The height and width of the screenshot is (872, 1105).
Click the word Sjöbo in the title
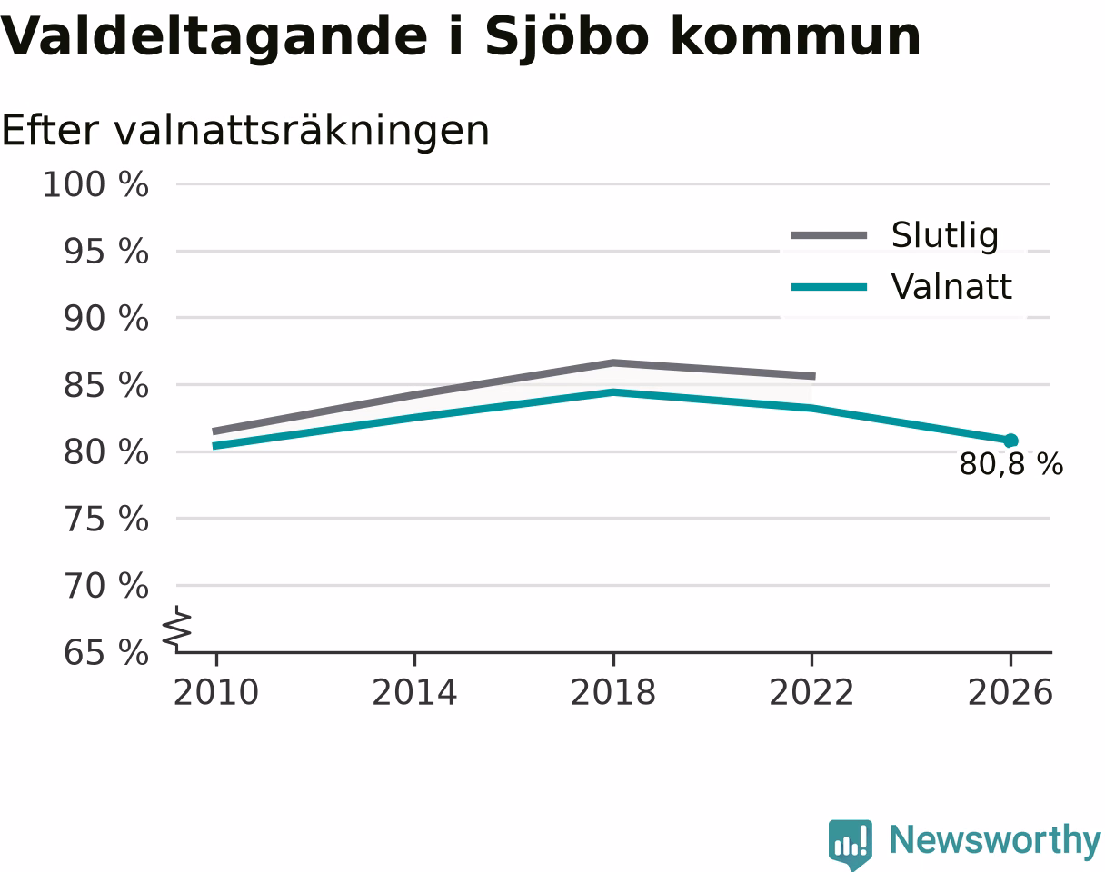(567, 37)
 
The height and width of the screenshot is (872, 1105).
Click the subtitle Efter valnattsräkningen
(245, 131)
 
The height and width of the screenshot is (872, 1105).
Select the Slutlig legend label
(945, 236)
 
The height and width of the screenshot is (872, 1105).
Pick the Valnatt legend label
(951, 286)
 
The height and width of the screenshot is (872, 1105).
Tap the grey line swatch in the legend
(829, 235)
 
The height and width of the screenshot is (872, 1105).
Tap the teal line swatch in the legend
(829, 287)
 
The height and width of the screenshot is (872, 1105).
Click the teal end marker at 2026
(1010, 441)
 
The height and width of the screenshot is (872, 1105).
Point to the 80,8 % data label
(1011, 465)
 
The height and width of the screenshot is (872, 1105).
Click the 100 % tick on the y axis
(95, 184)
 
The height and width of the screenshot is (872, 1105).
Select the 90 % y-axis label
(106, 319)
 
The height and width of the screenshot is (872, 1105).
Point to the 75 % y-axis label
(106, 520)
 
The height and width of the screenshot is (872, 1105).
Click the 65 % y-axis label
(106, 653)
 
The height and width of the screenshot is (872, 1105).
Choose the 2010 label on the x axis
(216, 693)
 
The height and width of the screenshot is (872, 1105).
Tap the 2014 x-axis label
(414, 693)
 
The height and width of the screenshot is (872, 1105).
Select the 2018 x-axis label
(613, 693)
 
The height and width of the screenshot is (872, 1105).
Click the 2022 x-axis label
(811, 693)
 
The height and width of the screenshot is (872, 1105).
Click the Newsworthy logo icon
(850, 844)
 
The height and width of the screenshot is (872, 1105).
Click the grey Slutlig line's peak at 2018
(613, 362)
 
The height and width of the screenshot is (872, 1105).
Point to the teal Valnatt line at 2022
(811, 408)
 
